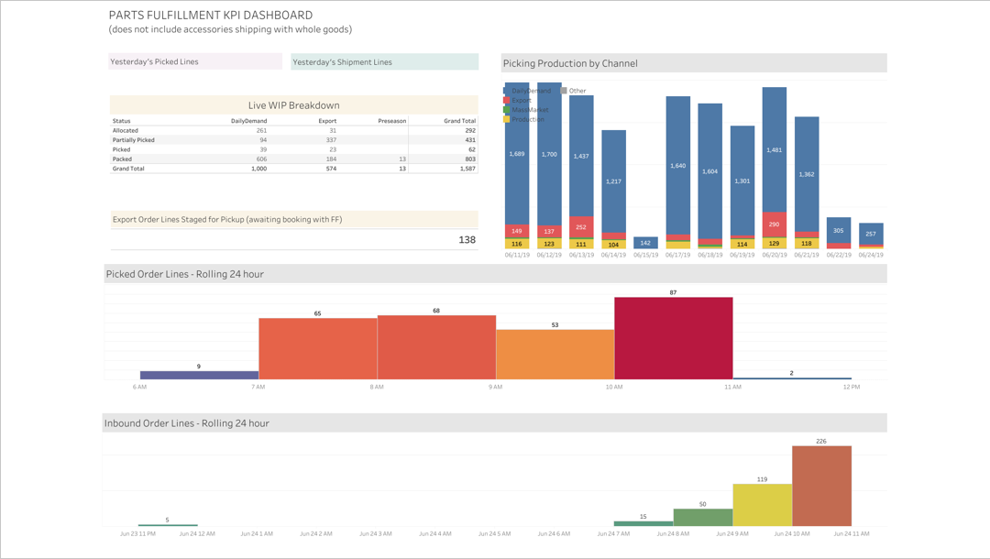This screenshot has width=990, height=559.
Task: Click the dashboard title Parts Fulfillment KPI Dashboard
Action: click(x=210, y=16)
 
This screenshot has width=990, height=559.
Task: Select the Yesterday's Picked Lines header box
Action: click(x=195, y=61)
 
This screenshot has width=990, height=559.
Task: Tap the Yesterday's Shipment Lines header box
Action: click(x=384, y=61)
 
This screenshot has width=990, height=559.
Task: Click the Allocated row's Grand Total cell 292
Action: click(x=468, y=130)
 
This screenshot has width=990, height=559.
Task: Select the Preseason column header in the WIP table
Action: click(x=391, y=121)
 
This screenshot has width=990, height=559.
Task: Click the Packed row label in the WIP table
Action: click(x=121, y=159)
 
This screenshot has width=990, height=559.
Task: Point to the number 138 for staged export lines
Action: click(x=467, y=239)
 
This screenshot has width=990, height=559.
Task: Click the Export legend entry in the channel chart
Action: click(x=521, y=100)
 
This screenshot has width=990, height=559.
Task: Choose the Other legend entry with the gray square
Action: click(x=577, y=91)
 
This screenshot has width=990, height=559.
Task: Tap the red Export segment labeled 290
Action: click(x=775, y=224)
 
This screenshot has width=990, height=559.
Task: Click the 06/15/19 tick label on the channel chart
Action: click(x=645, y=256)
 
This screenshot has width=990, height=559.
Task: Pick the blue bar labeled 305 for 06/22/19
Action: click(x=839, y=230)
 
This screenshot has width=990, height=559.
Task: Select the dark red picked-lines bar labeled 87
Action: click(x=673, y=337)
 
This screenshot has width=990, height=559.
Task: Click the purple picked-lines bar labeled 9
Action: click(x=199, y=375)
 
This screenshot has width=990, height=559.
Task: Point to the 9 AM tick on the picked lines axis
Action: click(x=495, y=388)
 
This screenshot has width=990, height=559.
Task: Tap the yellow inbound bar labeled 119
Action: click(x=762, y=505)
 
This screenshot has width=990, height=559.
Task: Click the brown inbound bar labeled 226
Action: click(x=821, y=486)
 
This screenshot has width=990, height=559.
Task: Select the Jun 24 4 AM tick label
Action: click(x=435, y=532)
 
